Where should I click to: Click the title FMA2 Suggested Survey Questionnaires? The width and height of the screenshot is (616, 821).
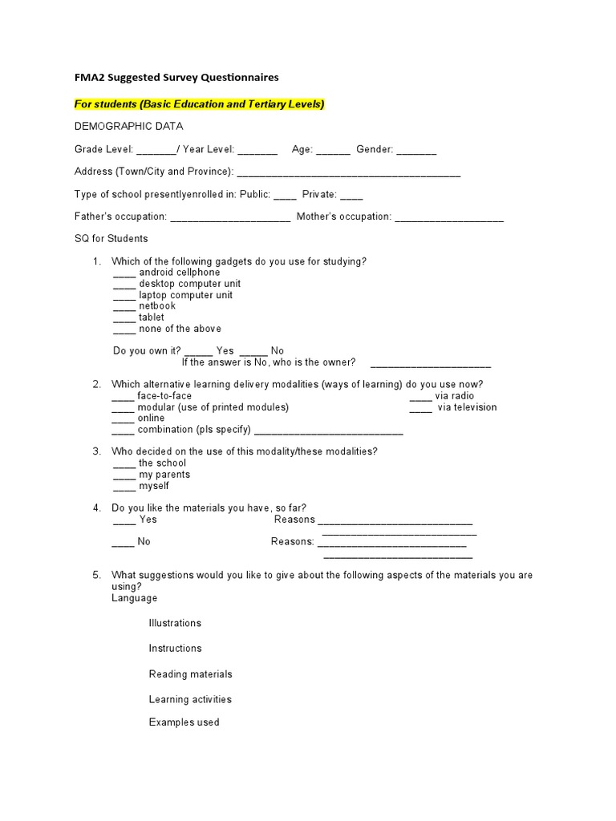[176, 78]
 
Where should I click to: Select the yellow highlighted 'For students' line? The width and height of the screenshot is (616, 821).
[199, 104]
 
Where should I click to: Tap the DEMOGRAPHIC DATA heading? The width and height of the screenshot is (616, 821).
[128, 127]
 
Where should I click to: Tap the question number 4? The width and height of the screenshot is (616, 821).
[96, 508]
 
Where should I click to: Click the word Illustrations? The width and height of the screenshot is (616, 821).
[175, 623]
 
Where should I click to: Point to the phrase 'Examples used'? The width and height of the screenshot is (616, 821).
[184, 722]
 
